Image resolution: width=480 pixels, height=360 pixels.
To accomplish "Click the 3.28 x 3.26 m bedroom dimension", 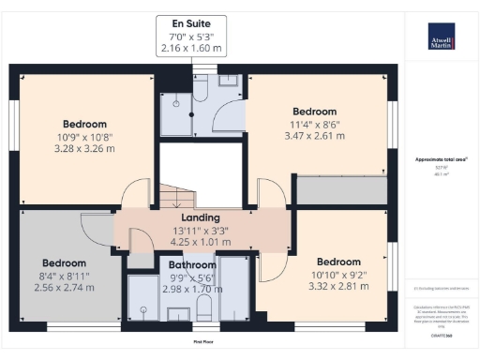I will (x=84, y=147).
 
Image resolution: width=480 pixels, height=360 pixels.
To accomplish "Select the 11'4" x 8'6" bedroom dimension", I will (x=312, y=124).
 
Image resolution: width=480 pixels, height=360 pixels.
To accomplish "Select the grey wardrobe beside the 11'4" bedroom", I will (x=341, y=190).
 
